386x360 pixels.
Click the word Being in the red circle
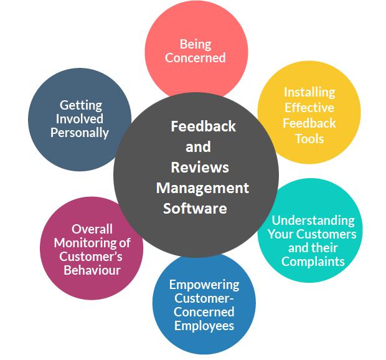pos(195,45)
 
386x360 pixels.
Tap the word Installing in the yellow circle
pos(309,93)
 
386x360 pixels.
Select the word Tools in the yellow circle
pos(309,139)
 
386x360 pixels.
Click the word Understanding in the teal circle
pos(313,220)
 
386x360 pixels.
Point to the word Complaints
pos(313,262)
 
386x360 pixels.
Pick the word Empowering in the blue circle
pos(204,285)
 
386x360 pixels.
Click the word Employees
pos(204,326)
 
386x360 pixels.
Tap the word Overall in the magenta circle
pos(92,229)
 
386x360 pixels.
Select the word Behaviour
pos(92,270)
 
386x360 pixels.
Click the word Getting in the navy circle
pos(81,106)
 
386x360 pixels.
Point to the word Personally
pos(80,133)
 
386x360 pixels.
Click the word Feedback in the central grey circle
pos(204,126)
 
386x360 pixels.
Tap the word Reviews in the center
pos(200,168)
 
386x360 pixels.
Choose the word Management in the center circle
pos(202,188)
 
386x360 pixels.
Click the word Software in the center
pos(195,209)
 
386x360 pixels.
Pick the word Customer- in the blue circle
pos(204,298)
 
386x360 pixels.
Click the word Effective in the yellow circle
pos(309,108)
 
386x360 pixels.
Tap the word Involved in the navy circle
pos(80,119)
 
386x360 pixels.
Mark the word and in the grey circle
pos(198,147)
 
